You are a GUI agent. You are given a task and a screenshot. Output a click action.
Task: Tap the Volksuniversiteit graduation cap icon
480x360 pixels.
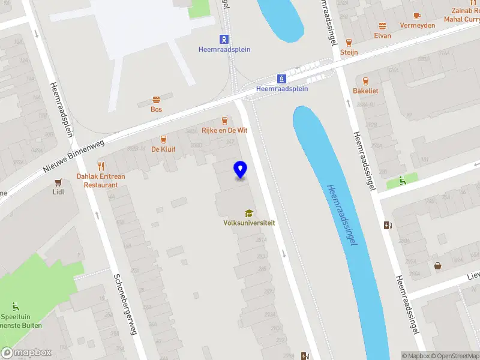(248, 213)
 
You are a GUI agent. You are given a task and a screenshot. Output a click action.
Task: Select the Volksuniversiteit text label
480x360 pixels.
(249, 223)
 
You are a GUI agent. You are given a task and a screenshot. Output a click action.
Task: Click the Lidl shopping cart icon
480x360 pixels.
(58, 182)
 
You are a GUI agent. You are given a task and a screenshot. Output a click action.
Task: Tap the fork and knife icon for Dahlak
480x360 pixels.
(101, 166)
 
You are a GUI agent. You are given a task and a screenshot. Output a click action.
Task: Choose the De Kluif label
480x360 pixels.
(163, 149)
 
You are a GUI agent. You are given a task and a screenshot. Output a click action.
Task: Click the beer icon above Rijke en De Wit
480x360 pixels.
(225, 120)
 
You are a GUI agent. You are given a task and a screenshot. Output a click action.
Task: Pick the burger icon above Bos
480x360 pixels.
(157, 100)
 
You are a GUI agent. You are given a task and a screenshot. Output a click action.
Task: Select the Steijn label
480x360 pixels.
(349, 52)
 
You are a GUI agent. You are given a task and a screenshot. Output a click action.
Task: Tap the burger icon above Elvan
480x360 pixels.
(382, 26)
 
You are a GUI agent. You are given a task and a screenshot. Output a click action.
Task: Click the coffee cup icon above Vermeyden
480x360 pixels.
(417, 16)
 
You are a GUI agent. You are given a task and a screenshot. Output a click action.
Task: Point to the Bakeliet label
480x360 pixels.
(365, 91)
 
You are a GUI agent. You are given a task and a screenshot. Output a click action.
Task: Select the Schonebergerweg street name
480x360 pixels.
(126, 305)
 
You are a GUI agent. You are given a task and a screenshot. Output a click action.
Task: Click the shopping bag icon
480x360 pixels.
(437, 265)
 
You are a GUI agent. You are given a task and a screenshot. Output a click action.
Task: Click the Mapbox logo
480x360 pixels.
(26, 353)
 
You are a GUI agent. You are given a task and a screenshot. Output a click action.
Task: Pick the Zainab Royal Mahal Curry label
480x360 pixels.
(463, 14)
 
